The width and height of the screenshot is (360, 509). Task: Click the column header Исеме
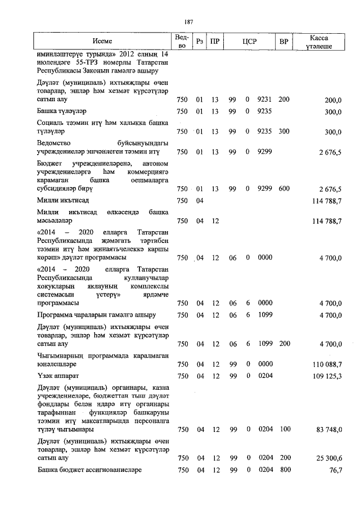(x=102, y=42)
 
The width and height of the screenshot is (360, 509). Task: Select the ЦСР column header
(x=250, y=42)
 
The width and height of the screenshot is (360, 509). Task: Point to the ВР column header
(x=284, y=42)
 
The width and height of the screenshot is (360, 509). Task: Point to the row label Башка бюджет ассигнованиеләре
(x=90, y=470)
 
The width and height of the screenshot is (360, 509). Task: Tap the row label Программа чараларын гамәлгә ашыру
(x=96, y=315)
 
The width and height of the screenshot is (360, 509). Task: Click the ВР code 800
(x=284, y=470)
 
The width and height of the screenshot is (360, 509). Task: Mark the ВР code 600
(x=284, y=189)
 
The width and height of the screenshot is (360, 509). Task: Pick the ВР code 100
(x=284, y=429)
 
